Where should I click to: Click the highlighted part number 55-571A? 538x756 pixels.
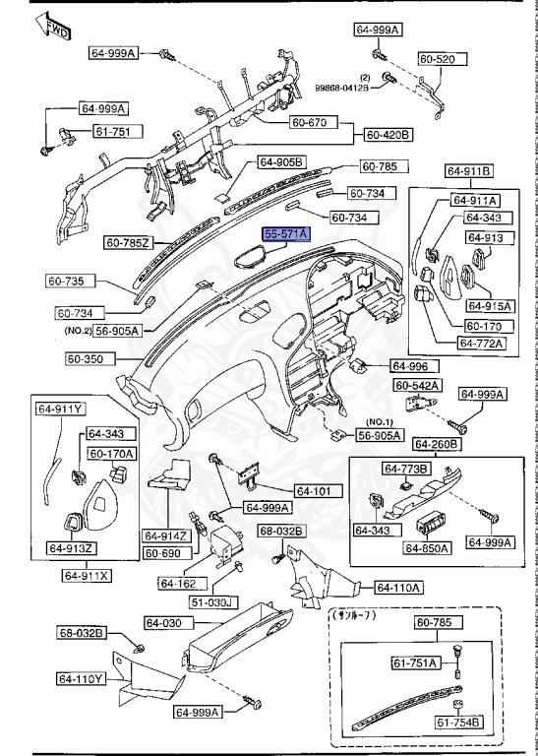pos(285,233)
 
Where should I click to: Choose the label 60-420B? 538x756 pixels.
pos(389,134)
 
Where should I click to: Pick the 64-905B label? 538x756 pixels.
pos(281,161)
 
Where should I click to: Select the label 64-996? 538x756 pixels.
pos(412,364)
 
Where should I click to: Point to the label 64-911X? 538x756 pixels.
pos(87,574)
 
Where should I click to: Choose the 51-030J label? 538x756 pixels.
pos(212,601)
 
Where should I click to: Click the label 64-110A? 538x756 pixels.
pos(398,588)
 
